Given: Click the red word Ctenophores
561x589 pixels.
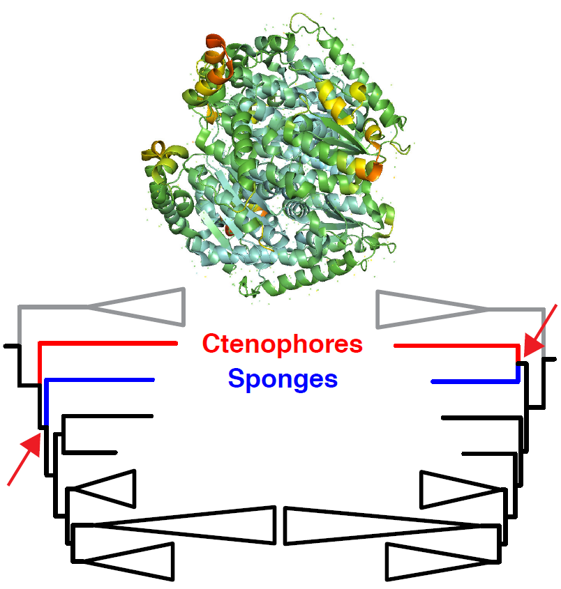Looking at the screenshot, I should (283, 344).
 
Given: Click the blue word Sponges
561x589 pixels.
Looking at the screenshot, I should (283, 380).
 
